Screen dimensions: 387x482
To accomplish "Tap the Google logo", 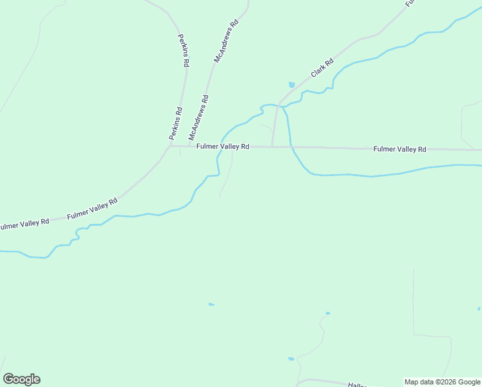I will tap(21, 379).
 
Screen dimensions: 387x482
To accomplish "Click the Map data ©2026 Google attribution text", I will tap(442, 382).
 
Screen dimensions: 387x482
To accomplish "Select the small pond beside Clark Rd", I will tap(292, 84).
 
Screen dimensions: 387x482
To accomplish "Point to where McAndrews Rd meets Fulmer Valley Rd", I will tap(188, 146).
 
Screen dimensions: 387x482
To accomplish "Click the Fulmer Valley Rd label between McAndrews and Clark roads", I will tap(223, 146).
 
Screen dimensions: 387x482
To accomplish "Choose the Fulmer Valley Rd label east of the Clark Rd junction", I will tap(400, 149).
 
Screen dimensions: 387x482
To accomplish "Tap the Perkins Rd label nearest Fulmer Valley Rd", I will tap(175, 124).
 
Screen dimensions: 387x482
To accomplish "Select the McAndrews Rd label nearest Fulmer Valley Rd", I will tap(198, 118).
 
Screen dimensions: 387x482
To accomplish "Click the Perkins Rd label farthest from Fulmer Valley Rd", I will tap(184, 50).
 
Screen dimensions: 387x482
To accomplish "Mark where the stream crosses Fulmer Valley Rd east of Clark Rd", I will tap(293, 148).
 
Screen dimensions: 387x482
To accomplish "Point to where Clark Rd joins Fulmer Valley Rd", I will tap(273, 146).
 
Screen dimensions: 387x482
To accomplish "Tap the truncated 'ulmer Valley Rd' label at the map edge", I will tap(24, 224).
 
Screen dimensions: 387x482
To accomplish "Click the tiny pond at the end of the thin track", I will tap(327, 313).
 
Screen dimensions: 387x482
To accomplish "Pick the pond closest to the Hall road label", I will tap(291, 359).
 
